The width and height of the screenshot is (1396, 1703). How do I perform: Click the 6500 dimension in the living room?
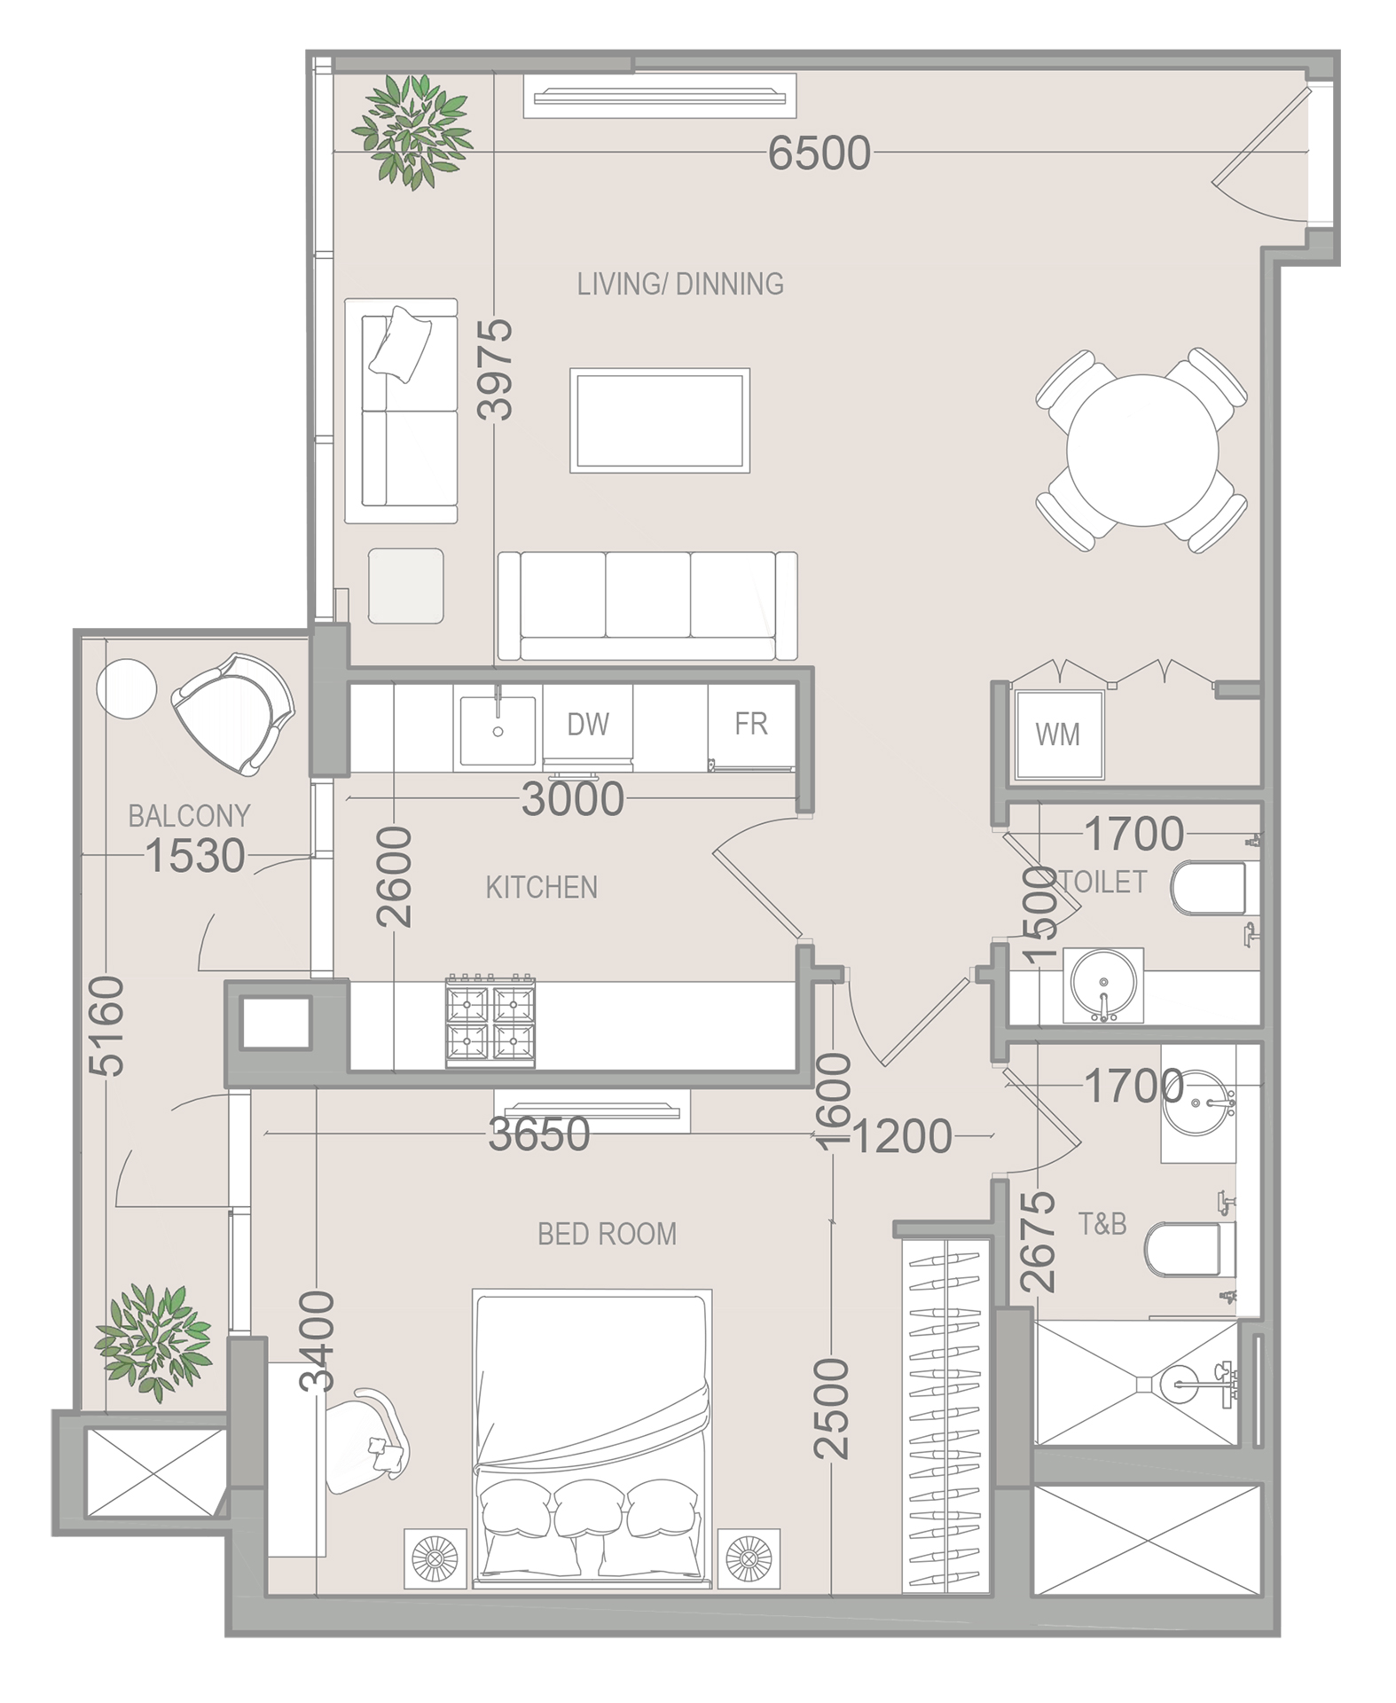point(820,153)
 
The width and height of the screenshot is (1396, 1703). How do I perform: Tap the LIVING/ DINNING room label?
point(680,284)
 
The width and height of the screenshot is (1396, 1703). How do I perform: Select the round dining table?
point(1142,451)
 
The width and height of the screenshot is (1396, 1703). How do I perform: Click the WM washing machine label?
point(1057,734)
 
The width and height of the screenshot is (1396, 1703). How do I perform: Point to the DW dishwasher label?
point(588,725)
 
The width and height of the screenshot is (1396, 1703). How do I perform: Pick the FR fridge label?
point(750,724)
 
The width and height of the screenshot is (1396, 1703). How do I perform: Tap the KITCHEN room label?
point(542,887)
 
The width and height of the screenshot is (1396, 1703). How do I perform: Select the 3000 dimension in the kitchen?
point(573,799)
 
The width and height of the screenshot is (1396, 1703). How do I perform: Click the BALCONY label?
point(189,816)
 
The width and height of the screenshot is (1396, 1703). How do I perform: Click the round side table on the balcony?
point(126,689)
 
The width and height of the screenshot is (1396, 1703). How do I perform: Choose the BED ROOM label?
point(607,1234)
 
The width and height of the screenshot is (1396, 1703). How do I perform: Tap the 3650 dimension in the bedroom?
point(539,1134)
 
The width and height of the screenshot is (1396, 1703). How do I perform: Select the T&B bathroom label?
point(1102,1224)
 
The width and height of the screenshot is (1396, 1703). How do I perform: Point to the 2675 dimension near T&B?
point(1038,1242)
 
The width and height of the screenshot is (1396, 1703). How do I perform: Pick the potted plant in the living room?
point(412,131)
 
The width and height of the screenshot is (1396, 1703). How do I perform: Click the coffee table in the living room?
point(660,420)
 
